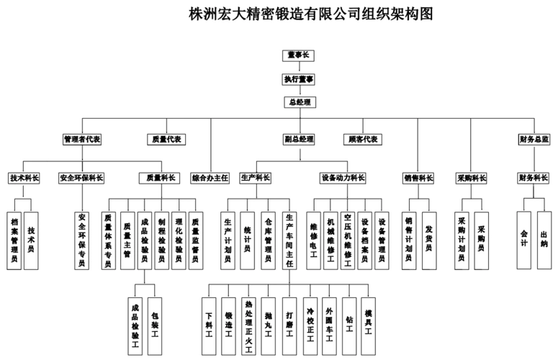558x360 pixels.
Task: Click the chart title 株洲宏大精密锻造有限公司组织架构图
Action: point(310,14)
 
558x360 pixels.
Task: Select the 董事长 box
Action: point(298,55)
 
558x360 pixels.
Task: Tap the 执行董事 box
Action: point(298,78)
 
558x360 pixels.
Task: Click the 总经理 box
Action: point(298,102)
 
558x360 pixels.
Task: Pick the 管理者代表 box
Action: point(81,139)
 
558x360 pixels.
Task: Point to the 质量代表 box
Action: point(167,139)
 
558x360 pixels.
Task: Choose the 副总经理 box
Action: point(298,139)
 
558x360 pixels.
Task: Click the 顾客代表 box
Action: point(363,139)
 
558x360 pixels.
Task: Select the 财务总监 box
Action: point(534,139)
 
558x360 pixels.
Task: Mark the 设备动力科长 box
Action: point(343,177)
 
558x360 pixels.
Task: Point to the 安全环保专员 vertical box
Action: point(81,240)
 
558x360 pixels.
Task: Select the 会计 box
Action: point(524,238)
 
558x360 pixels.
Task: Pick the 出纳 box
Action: point(544,238)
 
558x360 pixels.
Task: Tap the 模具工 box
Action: point(369,319)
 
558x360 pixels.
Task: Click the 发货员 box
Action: point(428,238)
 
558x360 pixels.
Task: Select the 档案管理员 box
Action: point(13,240)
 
